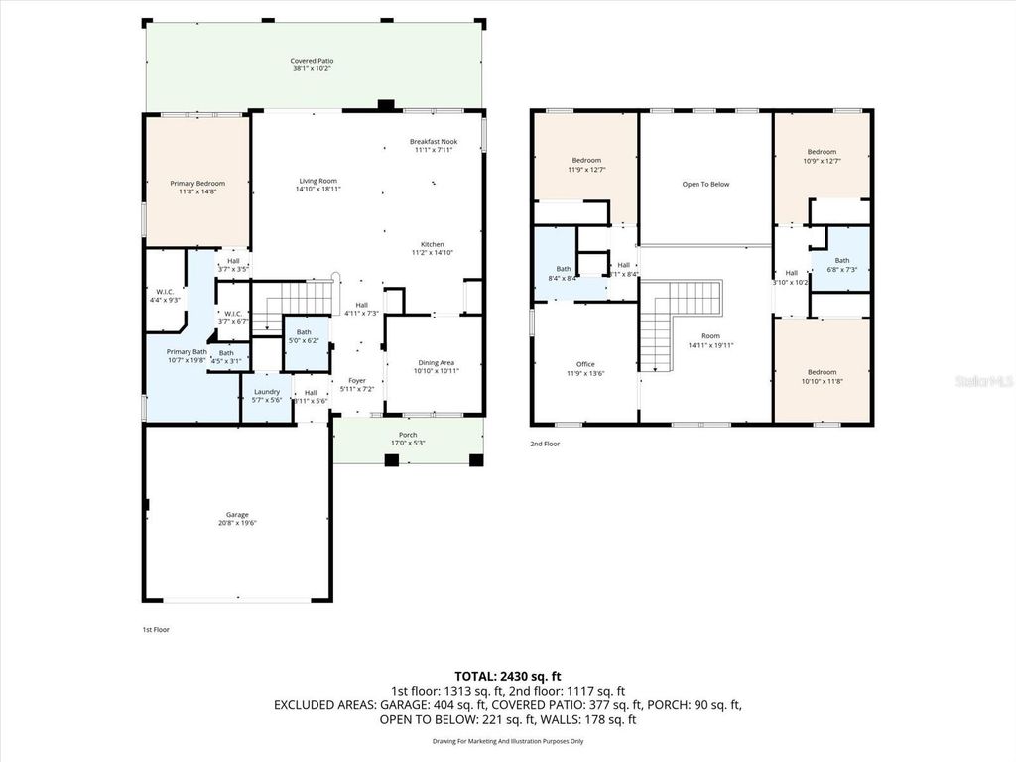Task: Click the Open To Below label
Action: pos(705,184)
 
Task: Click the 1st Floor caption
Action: pos(155,629)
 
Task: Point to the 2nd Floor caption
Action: pos(544,444)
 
